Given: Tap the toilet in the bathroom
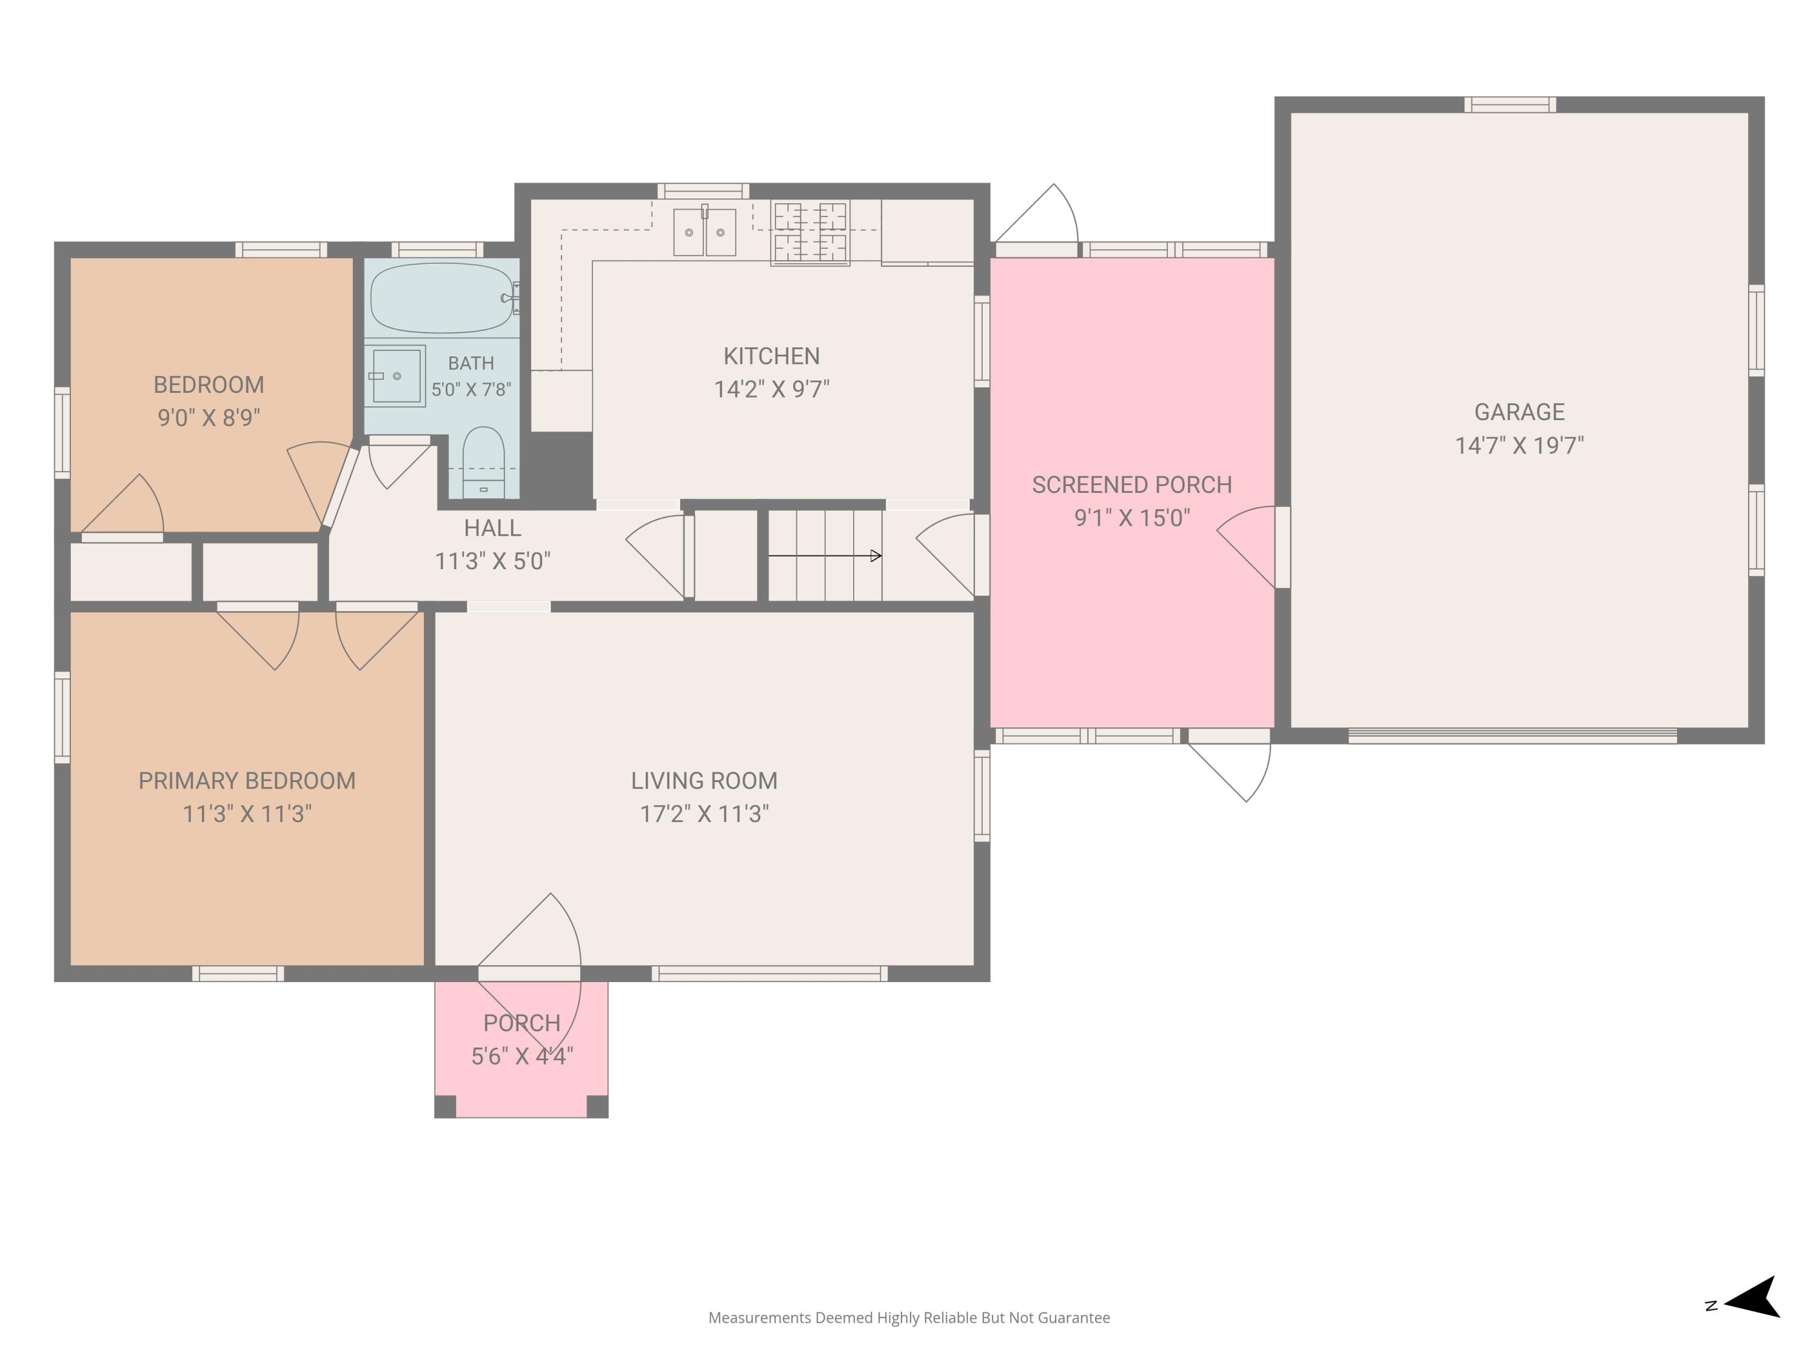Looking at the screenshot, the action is pos(483,462).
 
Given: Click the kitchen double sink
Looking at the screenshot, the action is pos(705,232).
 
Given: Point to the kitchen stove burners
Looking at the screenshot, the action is pos(810,233).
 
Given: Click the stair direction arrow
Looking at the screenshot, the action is pos(825,556).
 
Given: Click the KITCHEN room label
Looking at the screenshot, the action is pos(771,356).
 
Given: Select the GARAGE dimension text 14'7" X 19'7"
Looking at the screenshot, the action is pos(1519,446).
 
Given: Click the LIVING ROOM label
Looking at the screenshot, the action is pos(704,780).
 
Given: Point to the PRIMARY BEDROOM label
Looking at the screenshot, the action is pos(247,780).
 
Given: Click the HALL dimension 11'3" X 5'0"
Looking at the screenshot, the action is pos(492,561).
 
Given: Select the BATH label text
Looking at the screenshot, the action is pos(471,363).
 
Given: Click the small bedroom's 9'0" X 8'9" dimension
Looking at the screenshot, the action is pos(209,418).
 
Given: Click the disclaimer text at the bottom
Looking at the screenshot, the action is pos(909,1318).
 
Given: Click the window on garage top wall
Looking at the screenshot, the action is pos(1510,104).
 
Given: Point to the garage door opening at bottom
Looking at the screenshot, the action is pos(1512,736).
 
